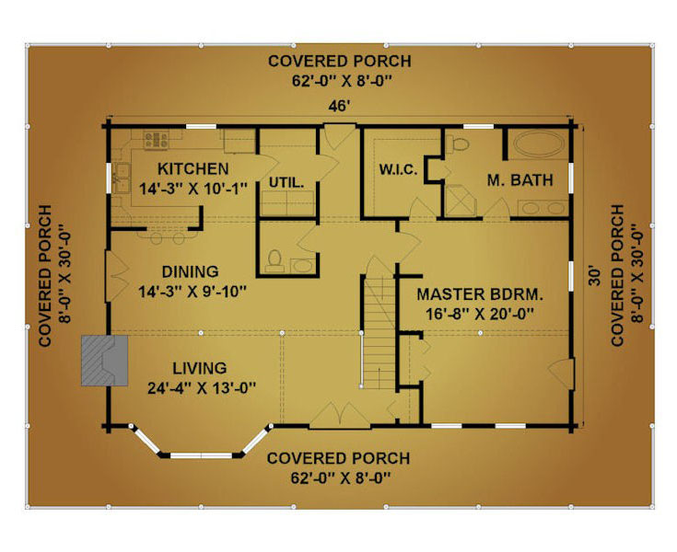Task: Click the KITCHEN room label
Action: click(193, 168)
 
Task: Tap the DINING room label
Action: click(190, 271)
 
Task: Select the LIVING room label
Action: click(200, 368)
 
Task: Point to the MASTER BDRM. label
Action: click(480, 294)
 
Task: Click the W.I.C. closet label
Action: click(398, 169)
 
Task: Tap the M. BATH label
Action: click(519, 179)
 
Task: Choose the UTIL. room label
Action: click(286, 182)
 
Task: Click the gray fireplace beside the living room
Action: click(104, 360)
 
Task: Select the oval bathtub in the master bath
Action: click(539, 143)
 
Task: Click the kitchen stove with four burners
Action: click(156, 140)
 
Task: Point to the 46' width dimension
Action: click(338, 106)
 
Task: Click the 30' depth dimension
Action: click(594, 276)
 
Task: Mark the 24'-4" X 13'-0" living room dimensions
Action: click(202, 388)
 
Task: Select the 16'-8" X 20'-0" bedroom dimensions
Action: click(480, 314)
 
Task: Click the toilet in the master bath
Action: click(458, 144)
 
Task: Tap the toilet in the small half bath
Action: click(274, 261)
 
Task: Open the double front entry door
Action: click(340, 416)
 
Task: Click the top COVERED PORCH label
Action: click(339, 62)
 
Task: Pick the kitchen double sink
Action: click(122, 178)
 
